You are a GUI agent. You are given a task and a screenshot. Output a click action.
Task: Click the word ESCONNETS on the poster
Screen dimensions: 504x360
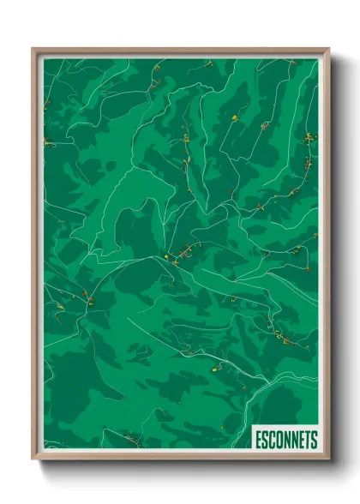tap(286, 440)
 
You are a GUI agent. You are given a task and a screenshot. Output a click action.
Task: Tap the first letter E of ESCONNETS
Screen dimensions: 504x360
tap(259, 440)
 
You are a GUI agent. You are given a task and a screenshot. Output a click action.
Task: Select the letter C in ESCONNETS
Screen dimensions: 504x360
tap(273, 440)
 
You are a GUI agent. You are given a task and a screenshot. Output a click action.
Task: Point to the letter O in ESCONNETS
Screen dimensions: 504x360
tap(279, 440)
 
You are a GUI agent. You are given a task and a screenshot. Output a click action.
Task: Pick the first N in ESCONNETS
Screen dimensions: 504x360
tap(287, 440)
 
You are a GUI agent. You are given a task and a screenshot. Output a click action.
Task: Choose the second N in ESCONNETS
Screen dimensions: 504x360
tap(295, 440)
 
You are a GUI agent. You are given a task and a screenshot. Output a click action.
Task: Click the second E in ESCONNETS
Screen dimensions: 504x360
tap(302, 440)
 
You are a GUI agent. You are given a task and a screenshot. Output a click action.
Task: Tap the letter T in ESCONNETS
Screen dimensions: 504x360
tap(308, 440)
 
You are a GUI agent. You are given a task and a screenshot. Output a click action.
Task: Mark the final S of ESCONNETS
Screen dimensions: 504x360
tap(314, 440)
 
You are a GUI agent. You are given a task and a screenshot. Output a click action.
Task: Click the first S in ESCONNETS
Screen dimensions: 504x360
tap(266, 440)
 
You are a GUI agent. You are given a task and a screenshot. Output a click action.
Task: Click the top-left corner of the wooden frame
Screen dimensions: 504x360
tap(33, 49)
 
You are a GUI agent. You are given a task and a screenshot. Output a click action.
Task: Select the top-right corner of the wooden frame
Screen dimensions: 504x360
tap(328, 49)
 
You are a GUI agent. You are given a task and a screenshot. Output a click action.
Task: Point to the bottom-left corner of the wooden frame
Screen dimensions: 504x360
tap(33, 459)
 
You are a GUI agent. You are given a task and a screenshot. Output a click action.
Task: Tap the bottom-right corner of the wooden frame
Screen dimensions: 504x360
tap(328, 459)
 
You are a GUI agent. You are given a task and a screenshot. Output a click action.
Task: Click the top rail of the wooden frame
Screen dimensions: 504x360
tap(180, 51)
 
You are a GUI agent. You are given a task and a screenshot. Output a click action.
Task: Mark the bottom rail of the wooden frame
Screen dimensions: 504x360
tap(180, 457)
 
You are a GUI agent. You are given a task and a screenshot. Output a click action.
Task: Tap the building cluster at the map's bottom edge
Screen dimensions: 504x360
tap(130, 441)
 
